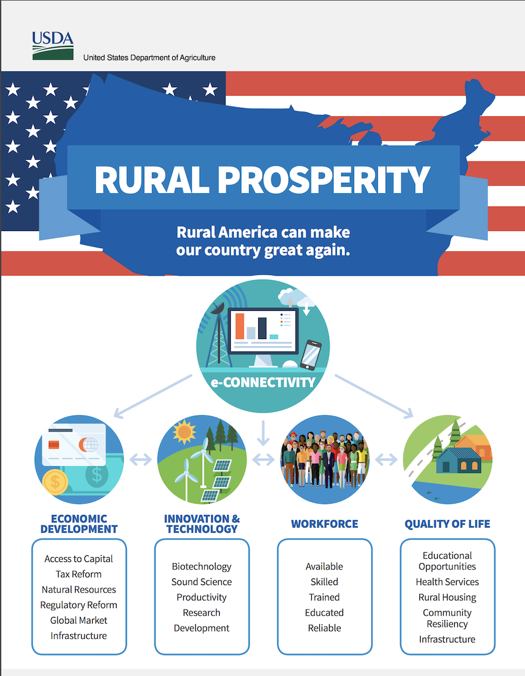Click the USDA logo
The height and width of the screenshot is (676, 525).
pos(52,45)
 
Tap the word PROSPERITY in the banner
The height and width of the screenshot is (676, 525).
pos(324,180)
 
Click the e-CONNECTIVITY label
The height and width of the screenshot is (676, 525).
pos(263,382)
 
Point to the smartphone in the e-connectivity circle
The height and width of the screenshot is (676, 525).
pos(311,355)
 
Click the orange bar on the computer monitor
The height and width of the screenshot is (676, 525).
pos(240,326)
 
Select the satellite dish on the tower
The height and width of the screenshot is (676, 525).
pos(217,308)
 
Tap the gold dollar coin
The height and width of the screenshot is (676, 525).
pos(56,482)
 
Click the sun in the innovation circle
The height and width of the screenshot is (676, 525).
pos(184,432)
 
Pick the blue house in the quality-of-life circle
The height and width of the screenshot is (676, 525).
pos(458,460)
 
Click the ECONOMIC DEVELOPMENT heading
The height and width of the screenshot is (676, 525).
pos(79,524)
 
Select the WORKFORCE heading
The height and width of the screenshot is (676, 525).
pos(325,524)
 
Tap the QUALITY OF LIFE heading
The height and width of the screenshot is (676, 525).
pos(447,524)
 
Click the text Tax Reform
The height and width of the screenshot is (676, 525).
pos(79,574)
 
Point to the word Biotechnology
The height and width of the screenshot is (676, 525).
pos(201,566)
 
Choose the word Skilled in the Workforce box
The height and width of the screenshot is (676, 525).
pos(324,582)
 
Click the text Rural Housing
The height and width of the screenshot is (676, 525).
pos(447,597)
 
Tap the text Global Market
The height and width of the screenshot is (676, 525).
pos(79,621)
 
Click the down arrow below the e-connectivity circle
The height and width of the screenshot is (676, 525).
pos(263,433)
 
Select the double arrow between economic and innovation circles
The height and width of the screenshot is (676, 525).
pos(141,460)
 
